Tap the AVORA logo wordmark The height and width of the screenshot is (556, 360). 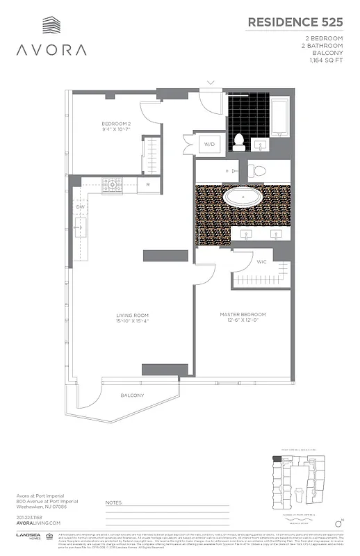(53, 50)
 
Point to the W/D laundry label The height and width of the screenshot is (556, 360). (208, 144)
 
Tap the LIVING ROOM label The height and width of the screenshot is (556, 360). (133, 318)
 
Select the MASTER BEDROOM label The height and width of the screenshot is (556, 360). (243, 315)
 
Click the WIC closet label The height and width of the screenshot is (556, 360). (261, 262)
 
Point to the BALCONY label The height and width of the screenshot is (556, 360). (131, 395)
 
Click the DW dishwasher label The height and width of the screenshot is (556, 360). (80, 206)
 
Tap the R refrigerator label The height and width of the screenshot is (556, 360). (148, 185)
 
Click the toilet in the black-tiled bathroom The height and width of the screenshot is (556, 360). (239, 141)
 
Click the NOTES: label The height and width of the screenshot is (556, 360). (113, 501)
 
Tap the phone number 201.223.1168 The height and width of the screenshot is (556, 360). (28, 517)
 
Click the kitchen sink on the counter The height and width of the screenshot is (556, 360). (80, 227)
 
